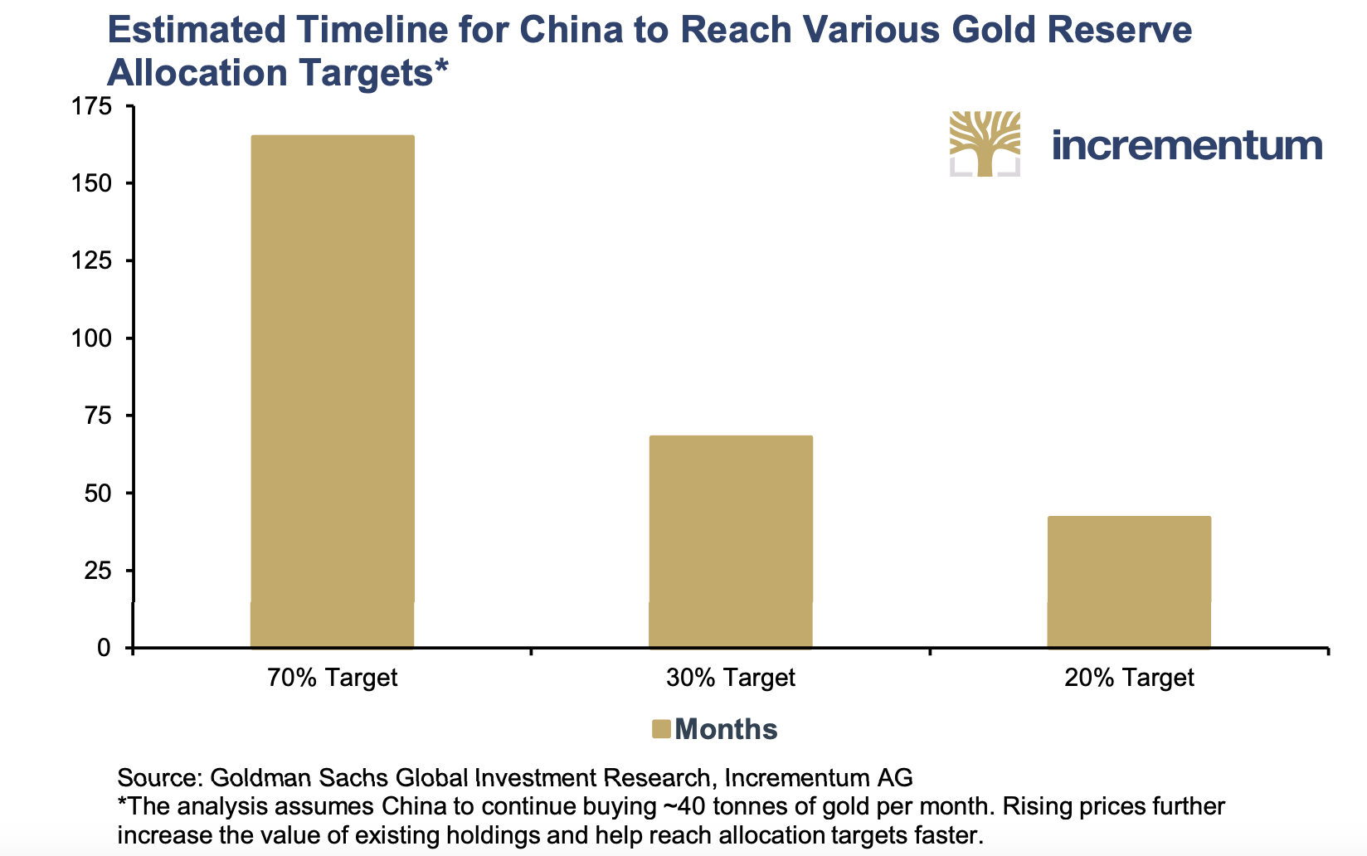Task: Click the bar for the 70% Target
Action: [x=332, y=391]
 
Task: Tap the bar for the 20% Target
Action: [x=1129, y=581]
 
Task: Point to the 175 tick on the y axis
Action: [x=93, y=106]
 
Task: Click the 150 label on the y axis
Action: [x=93, y=183]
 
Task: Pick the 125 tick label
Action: [x=93, y=260]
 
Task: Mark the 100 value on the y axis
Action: [x=93, y=338]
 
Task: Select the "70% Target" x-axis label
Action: [x=332, y=678]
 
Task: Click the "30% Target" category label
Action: [x=730, y=678]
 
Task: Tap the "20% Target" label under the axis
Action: [x=1129, y=678]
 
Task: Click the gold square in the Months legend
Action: [x=660, y=729]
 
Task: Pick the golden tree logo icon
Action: [x=985, y=143]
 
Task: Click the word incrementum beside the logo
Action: [x=1186, y=145]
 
